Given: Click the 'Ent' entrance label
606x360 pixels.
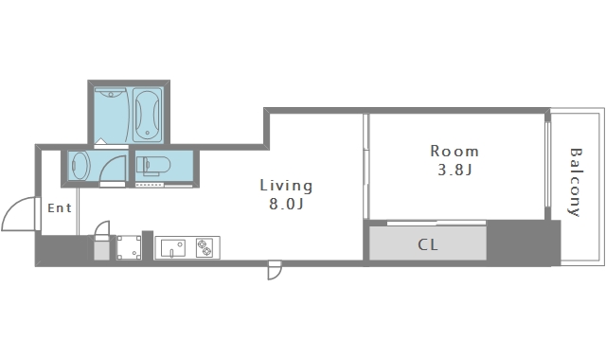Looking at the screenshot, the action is pyautogui.click(x=60, y=208).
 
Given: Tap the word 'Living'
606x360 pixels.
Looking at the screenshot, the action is pyautogui.click(x=286, y=186).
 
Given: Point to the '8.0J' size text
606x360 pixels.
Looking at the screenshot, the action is pyautogui.click(x=286, y=204).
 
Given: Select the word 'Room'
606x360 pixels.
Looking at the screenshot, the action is pyautogui.click(x=454, y=151).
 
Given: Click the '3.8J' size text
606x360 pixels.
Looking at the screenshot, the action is pyautogui.click(x=454, y=170).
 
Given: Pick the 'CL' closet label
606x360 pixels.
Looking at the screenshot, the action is pyautogui.click(x=428, y=244).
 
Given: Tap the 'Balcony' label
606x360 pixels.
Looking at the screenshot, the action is pyautogui.click(x=576, y=182).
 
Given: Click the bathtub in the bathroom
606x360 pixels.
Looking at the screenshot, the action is pyautogui.click(x=148, y=115).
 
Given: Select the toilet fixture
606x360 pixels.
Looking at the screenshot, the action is pyautogui.click(x=153, y=166).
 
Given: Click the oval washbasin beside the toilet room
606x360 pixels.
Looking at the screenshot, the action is pyautogui.click(x=80, y=166).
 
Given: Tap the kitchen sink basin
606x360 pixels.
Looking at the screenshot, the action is pyautogui.click(x=172, y=248).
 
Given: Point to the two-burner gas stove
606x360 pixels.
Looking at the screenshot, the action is pyautogui.click(x=205, y=247).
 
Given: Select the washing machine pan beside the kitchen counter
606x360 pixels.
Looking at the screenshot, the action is pyautogui.click(x=129, y=247).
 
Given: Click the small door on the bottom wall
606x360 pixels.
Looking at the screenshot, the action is pyautogui.click(x=275, y=270).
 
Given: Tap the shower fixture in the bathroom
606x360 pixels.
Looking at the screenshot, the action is pyautogui.click(x=111, y=93).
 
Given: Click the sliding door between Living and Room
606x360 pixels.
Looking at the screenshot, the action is pyautogui.click(x=366, y=167).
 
